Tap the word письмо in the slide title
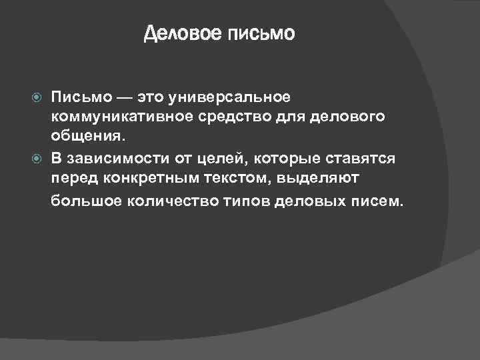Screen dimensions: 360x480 tap(261, 33)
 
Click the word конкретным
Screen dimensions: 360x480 tap(138, 178)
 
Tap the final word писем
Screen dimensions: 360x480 tap(377, 199)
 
